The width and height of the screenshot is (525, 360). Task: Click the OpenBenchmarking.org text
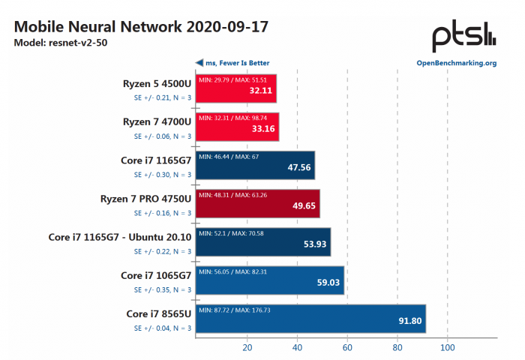click(456, 63)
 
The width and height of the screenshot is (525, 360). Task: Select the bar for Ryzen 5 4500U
click(236, 88)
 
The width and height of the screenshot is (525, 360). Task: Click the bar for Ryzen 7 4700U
click(238, 127)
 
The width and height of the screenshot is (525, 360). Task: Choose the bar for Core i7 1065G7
click(270, 280)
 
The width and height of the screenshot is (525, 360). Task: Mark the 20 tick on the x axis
click(247, 348)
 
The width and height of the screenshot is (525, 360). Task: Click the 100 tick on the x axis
click(447, 348)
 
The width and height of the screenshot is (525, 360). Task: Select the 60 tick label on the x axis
click(347, 348)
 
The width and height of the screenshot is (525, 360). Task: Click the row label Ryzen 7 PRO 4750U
click(145, 199)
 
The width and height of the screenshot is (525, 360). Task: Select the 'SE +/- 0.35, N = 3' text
click(163, 289)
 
